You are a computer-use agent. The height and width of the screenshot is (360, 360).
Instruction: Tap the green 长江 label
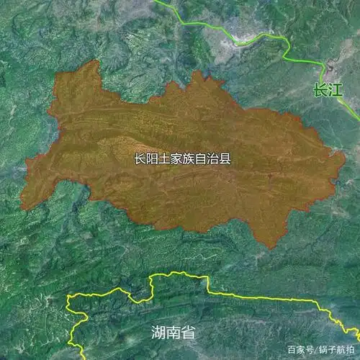tap(328, 91)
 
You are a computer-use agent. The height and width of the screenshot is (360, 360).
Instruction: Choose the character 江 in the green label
tap(336, 91)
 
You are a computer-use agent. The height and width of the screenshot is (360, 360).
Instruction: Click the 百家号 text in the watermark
tap(300, 349)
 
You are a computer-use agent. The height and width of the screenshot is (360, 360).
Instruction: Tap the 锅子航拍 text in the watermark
tap(336, 349)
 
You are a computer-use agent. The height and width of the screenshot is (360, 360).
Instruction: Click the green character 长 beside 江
tap(320, 91)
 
